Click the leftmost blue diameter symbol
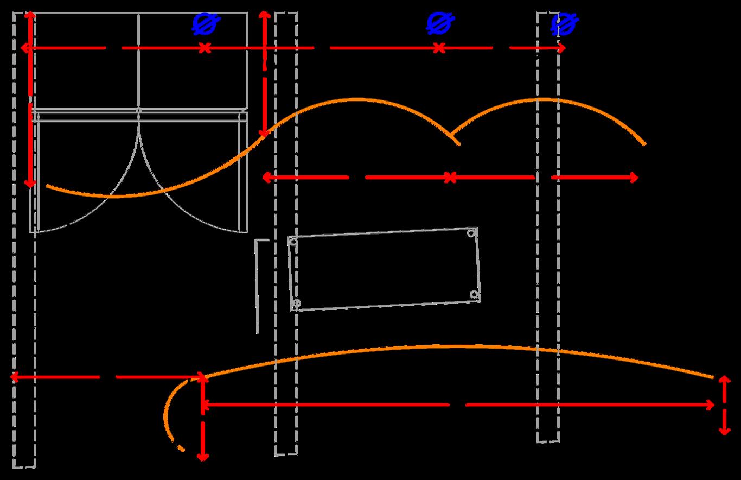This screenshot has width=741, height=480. coord(207,24)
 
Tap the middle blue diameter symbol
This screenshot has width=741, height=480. coord(440,24)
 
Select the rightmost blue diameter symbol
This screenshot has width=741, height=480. coord(564,24)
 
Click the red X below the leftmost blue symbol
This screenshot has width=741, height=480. coord(205,48)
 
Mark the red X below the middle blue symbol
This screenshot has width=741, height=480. coord(439,48)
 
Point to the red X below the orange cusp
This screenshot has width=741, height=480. coord(450,178)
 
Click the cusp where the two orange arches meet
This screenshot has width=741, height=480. coord(451,134)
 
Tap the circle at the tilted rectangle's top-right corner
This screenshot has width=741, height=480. coord(471,233)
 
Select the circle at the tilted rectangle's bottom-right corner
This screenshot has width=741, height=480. coord(474,295)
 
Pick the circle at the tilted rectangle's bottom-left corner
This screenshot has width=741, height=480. coord(296,303)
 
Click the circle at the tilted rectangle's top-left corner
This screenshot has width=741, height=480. coord(293,241)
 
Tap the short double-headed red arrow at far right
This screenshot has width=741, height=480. coord(724,405)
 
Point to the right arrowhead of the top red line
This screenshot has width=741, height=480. coord(563,48)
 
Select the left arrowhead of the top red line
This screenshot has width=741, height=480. coord(24,48)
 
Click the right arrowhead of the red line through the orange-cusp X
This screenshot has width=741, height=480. coord(635,178)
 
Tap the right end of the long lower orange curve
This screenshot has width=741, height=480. coord(713,377)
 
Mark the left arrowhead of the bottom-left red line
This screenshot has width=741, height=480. coord(14,377)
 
